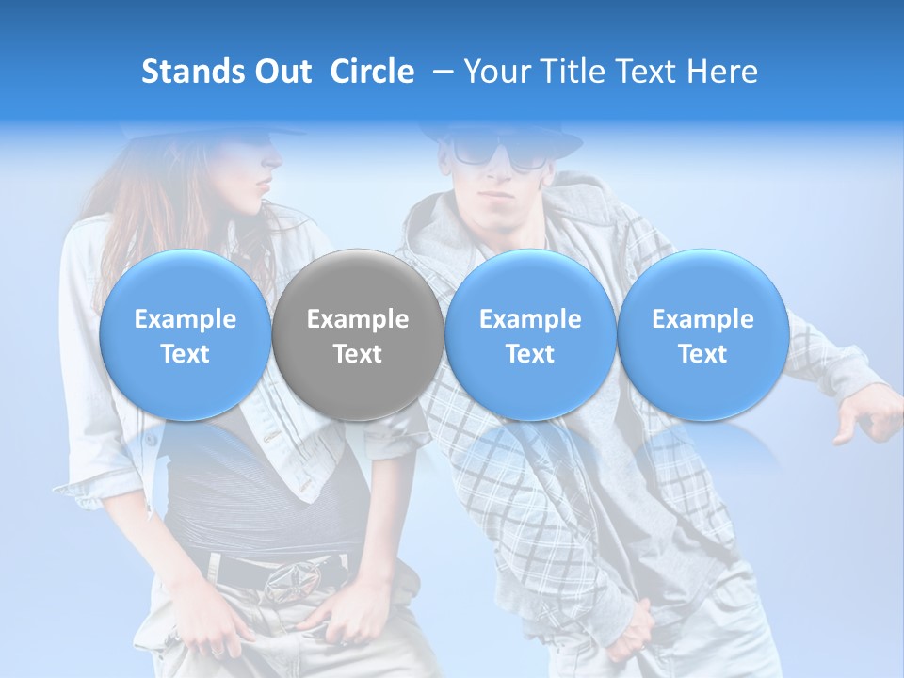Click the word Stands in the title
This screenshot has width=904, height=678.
pyautogui.click(x=192, y=72)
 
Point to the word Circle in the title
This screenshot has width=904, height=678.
pyautogui.click(x=372, y=72)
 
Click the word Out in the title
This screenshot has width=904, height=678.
pyautogui.click(x=282, y=72)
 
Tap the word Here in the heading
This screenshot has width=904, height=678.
pyautogui.click(x=723, y=72)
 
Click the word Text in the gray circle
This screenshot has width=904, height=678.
pyautogui.click(x=358, y=354)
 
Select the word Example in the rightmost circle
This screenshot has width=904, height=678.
pyautogui.click(x=702, y=319)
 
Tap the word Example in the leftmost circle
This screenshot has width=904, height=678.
pyautogui.click(x=185, y=319)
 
